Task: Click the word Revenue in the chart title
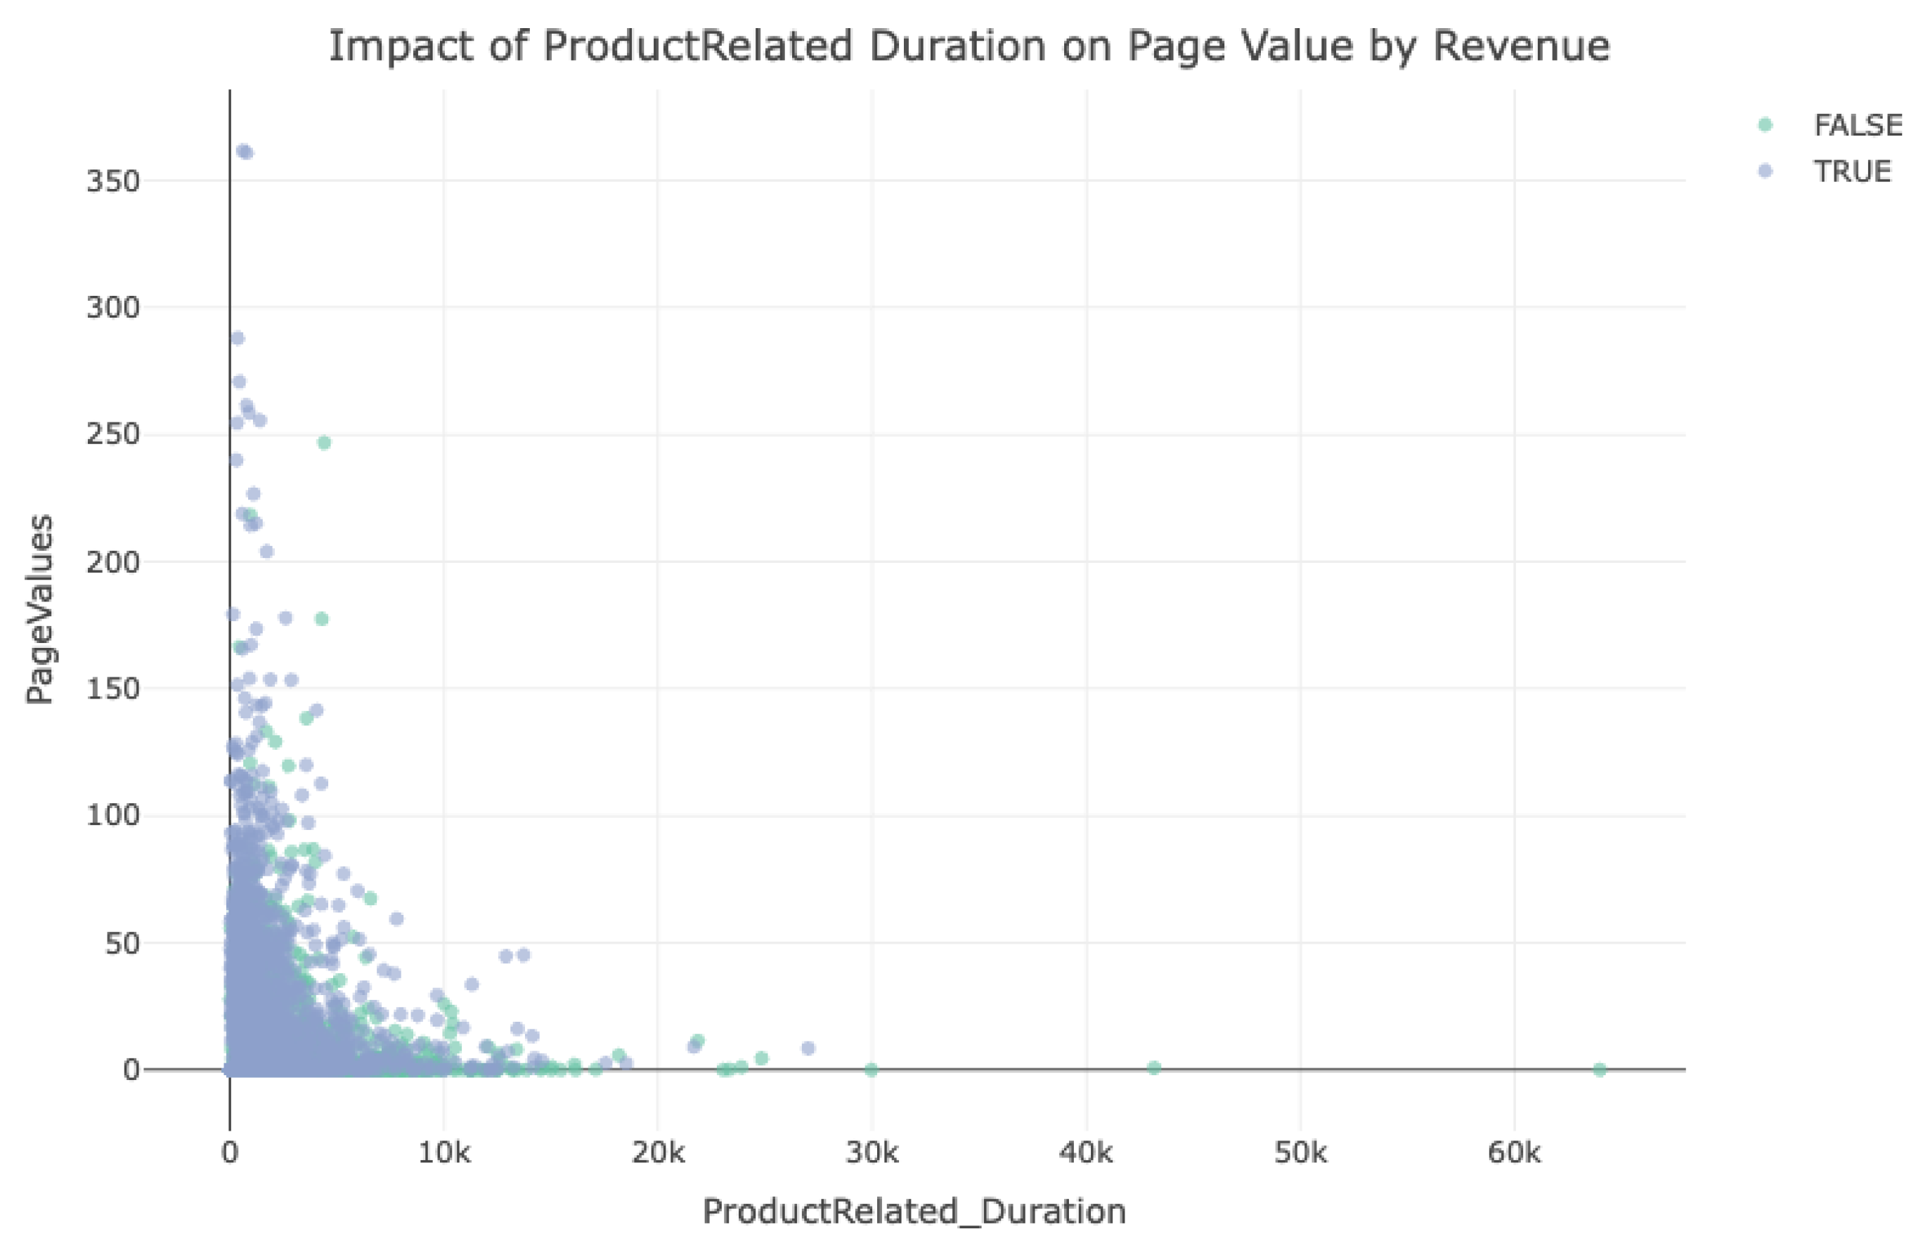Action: (1520, 46)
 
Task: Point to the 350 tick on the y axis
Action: (113, 181)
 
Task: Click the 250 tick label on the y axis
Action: (113, 434)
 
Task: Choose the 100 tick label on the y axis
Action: (113, 816)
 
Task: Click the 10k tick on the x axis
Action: (443, 1153)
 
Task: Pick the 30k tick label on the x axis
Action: (872, 1153)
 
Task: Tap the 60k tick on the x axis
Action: (1513, 1153)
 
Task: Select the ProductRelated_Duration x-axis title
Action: (914, 1211)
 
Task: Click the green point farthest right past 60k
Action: (1599, 1070)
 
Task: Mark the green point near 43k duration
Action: (1153, 1067)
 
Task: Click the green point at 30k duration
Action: (870, 1070)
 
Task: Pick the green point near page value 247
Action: (324, 443)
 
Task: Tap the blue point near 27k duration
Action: (808, 1048)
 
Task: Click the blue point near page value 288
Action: (237, 339)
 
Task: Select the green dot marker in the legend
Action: (1764, 124)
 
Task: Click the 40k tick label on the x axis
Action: (1086, 1153)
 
